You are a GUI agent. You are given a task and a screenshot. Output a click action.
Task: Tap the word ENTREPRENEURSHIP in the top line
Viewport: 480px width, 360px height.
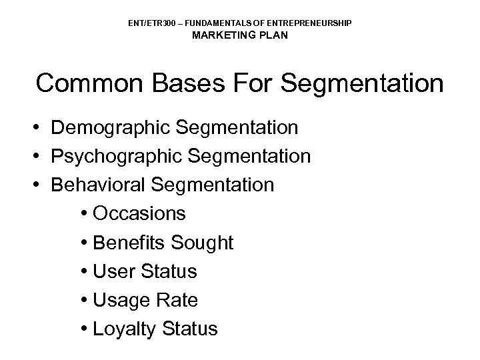[315, 23]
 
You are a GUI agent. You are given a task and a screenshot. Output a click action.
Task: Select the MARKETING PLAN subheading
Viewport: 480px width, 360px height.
[240, 35]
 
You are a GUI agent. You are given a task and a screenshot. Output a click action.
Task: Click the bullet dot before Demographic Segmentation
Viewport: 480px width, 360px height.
[41, 127]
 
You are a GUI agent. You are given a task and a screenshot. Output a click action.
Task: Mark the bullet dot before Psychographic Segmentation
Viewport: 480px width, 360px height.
[41, 156]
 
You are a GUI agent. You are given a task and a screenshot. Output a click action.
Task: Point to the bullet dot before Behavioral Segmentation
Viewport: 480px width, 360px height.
[41, 185]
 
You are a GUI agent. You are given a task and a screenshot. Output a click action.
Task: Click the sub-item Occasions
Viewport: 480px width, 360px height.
[139, 214]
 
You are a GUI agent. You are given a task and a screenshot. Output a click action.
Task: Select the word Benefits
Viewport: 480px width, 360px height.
[129, 243]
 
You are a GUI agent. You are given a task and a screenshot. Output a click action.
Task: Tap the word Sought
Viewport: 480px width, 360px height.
[202, 243]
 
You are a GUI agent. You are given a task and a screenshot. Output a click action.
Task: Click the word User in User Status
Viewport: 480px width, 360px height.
[113, 271]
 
